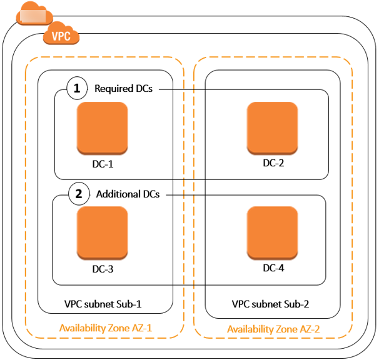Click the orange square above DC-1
pos(102,129)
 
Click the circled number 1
pos(77,89)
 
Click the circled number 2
pos(78,194)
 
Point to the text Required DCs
pos(123,89)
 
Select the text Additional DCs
pos(128,194)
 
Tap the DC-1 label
pos(102,165)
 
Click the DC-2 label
pos(273,163)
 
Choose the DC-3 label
pos(102,270)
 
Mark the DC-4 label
pos(273,268)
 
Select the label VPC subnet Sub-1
pos(103,304)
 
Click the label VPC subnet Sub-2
pos(271,304)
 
